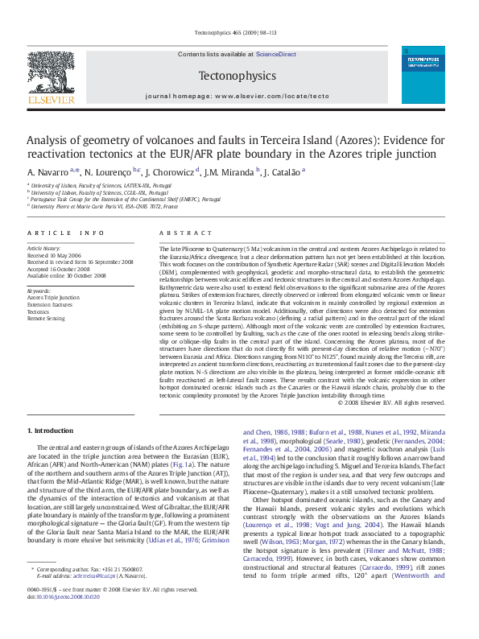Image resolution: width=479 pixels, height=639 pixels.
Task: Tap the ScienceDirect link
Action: pyautogui.click(x=275, y=54)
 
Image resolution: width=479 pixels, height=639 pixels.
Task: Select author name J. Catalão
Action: pyautogui.click(x=282, y=172)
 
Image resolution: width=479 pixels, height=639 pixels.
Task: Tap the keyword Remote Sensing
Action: pyautogui.click(x=47, y=319)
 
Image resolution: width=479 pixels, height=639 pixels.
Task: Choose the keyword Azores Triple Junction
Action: pyautogui.click(x=53, y=297)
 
